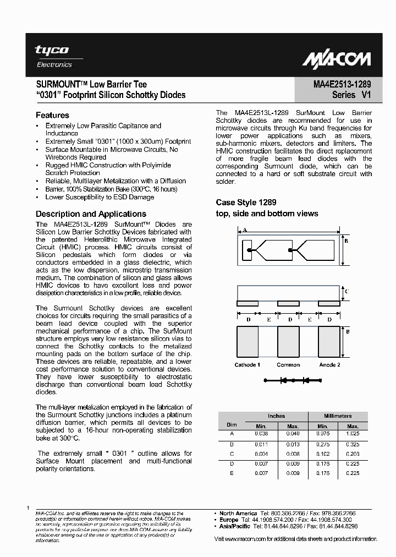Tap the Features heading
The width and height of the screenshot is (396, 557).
(x=52, y=116)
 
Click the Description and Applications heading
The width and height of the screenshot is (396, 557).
(x=91, y=214)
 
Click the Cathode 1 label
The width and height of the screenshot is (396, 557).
(x=247, y=365)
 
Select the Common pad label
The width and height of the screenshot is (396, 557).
(x=288, y=365)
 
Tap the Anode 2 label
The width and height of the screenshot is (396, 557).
(x=329, y=365)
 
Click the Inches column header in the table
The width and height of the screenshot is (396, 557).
(x=276, y=416)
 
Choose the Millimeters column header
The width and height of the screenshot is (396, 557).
(x=338, y=416)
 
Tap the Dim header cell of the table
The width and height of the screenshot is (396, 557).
(x=231, y=425)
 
